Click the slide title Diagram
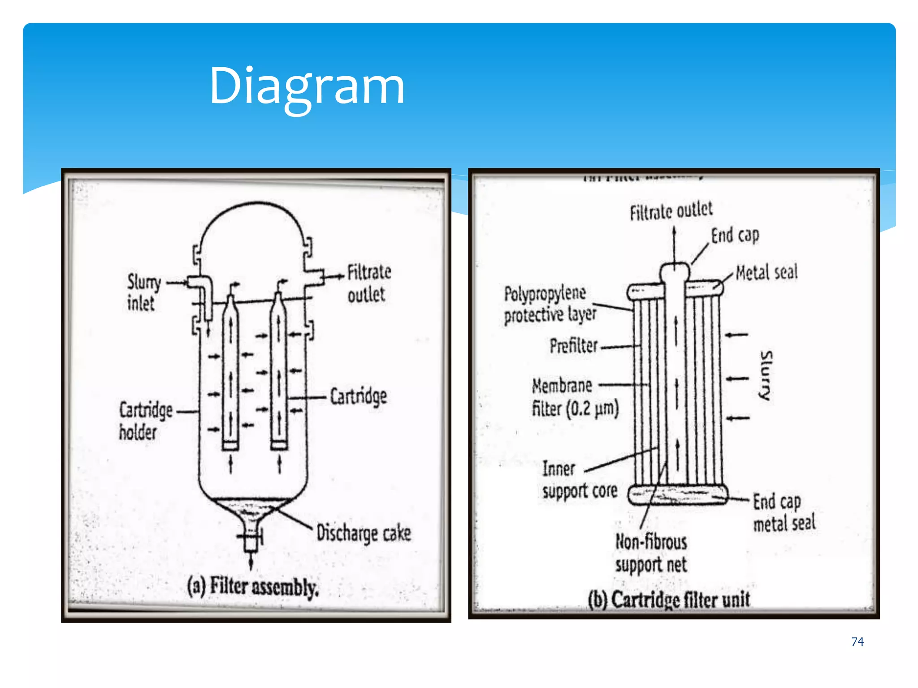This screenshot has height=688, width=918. point(307,86)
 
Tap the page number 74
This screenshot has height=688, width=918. point(857,641)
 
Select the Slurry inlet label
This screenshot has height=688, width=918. point(143,292)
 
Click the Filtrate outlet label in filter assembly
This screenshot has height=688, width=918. point(368,283)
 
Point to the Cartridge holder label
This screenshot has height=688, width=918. point(145,421)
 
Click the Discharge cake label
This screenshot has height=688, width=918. point(363,533)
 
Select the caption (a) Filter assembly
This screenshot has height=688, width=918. point(253,587)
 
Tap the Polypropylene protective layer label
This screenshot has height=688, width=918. point(549,305)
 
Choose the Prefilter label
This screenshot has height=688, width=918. point(574,346)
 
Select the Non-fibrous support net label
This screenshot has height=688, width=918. point(651,553)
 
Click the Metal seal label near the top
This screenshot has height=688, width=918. point(766,272)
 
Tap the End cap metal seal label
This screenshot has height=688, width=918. point(784,512)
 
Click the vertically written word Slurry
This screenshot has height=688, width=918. point(766,375)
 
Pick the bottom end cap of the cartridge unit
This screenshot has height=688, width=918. point(677,495)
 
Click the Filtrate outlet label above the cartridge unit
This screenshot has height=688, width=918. point(671,211)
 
